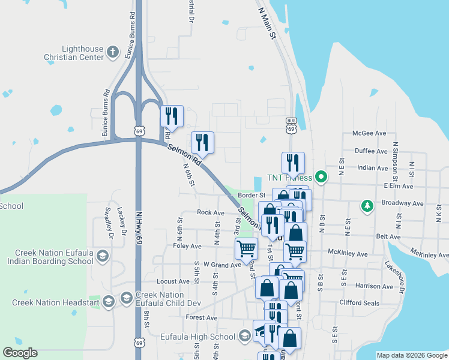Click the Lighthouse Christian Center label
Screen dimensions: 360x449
pos(70,53)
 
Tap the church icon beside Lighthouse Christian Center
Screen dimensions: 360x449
pos(112,53)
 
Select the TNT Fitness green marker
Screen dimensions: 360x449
pos(321,177)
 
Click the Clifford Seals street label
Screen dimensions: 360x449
pos(359,303)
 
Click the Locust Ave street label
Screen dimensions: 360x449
pos(172,281)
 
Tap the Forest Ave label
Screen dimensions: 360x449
pos(201,317)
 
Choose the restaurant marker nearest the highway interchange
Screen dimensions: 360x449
pos(172,116)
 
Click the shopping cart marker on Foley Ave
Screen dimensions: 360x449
pos(246,248)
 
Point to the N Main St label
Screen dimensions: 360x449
pos(266,25)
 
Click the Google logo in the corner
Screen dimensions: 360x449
pos(20,353)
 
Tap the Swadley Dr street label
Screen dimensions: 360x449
pos(108,223)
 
